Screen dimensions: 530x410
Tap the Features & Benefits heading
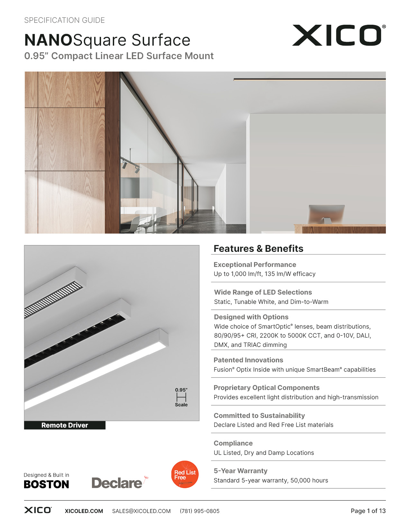258,249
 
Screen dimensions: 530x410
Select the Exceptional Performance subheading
255,265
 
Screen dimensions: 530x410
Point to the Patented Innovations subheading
248,360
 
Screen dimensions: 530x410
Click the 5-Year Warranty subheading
241,471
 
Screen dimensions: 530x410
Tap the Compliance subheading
233,443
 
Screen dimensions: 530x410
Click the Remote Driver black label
65,425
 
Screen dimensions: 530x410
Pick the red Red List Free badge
185,474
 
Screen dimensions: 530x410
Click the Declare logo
117,483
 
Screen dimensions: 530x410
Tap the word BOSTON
46,484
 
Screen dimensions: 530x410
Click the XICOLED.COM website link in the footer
84,511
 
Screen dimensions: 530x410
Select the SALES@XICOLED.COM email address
141,511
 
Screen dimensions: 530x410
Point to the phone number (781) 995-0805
200,511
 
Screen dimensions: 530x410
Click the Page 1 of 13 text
368,511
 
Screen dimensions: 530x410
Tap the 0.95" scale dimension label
181,390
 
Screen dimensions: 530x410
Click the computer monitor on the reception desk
326,214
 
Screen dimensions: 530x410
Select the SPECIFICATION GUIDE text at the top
64,20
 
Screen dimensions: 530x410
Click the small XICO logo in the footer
38,510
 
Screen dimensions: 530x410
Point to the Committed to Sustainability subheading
259,416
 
